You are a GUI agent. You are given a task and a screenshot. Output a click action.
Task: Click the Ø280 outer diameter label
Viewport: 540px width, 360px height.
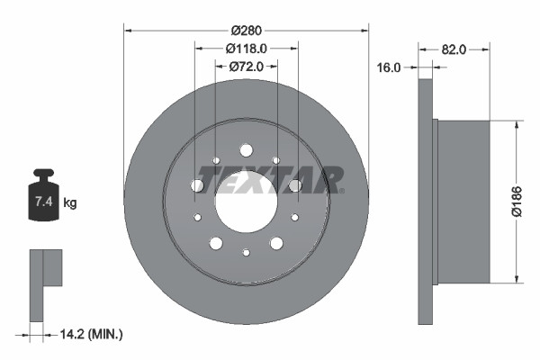(246, 30)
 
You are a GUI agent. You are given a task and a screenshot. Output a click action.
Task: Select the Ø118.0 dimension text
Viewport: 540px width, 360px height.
(247, 48)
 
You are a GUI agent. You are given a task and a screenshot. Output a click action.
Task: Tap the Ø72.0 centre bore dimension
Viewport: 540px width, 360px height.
(246, 66)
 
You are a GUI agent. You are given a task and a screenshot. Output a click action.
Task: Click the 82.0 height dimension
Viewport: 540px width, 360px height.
(454, 49)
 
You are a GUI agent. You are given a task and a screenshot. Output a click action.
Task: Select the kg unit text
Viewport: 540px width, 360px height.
(70, 203)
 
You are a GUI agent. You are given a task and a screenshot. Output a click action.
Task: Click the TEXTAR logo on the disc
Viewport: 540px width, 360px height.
(270, 179)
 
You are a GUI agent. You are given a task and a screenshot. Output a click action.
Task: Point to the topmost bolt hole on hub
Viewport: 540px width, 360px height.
(246, 150)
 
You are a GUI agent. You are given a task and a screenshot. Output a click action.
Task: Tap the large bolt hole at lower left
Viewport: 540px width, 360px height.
(216, 243)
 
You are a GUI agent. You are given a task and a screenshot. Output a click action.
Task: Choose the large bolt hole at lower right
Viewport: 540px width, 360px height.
(275, 243)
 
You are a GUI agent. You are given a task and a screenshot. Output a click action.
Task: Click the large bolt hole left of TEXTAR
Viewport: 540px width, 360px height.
(197, 185)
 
